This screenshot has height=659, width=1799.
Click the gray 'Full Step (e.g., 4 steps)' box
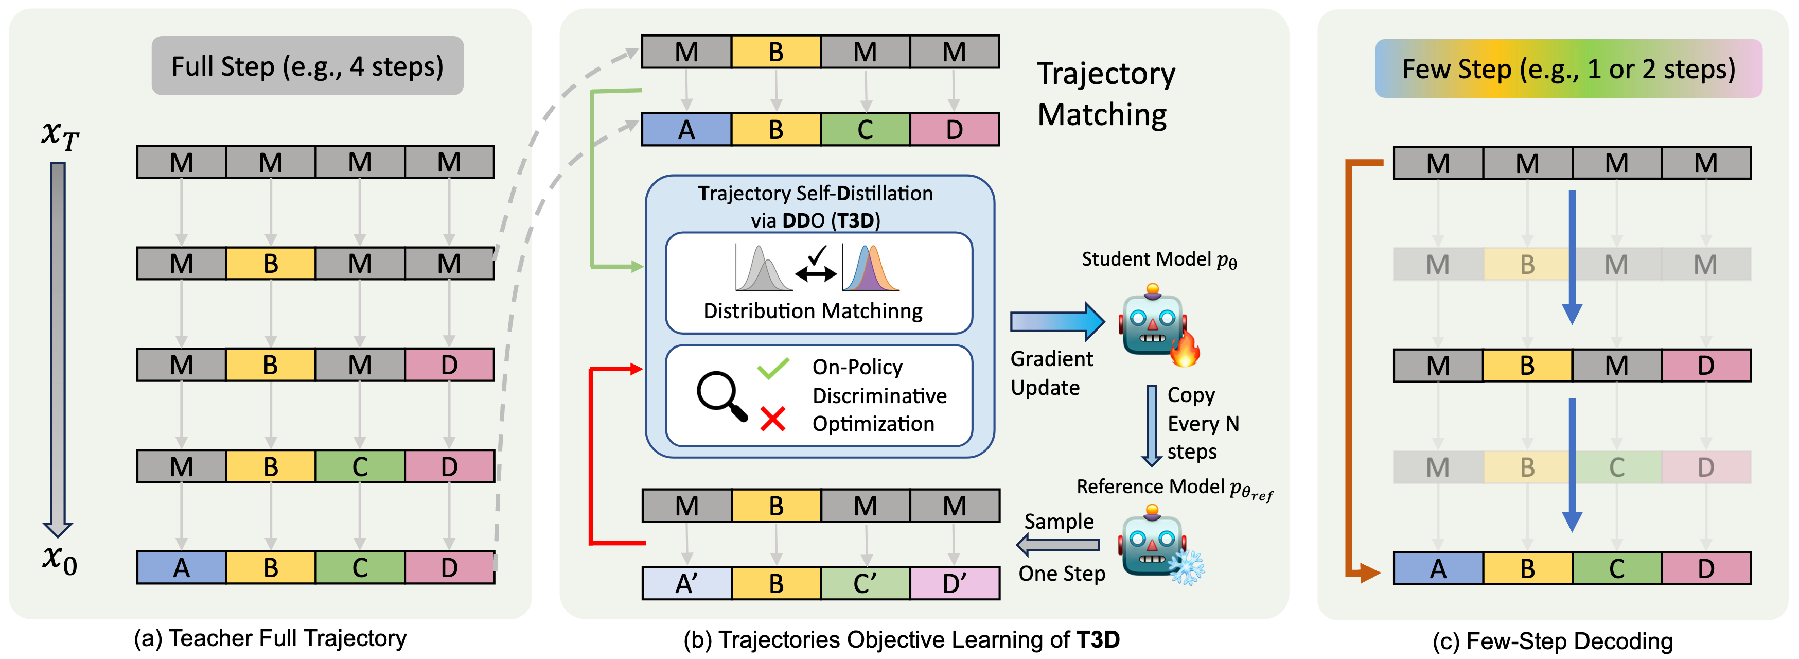point(307,66)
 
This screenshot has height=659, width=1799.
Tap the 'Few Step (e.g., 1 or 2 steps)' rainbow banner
point(1568,68)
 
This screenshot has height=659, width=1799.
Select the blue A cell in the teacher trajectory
point(182,567)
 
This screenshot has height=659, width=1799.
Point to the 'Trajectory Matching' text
point(1105,94)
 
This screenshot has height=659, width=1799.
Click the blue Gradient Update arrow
point(1056,321)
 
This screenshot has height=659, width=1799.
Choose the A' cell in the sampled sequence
point(686,583)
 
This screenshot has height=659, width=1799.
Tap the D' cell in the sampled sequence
point(955,583)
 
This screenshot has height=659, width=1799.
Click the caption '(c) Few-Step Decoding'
point(1552,641)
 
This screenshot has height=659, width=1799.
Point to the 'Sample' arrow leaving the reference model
point(1057,544)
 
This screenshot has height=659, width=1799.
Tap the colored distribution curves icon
point(871,268)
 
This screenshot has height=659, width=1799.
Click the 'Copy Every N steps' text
point(1203,424)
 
